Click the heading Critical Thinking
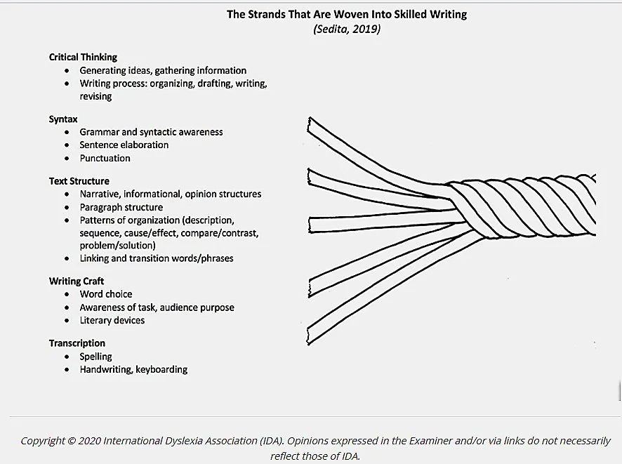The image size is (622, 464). tap(83, 57)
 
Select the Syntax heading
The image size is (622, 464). tap(63, 119)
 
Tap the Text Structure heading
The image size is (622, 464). tap(79, 180)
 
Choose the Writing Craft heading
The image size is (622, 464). tap(77, 281)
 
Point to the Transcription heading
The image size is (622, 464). tap(77, 343)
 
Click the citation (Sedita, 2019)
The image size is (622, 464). tap(347, 29)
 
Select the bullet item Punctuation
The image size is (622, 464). tap(105, 158)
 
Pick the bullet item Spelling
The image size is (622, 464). tap(95, 356)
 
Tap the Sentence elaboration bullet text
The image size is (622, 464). tap(124, 145)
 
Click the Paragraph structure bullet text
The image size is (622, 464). tap(121, 207)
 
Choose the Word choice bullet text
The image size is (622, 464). tap(105, 294)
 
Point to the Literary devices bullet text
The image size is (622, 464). tap(112, 320)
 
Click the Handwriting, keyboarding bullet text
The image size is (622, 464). tap(133, 369)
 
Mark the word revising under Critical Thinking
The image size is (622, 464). tap(95, 96)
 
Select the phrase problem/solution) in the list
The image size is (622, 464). tap(117, 245)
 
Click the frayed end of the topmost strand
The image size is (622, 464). tap(310, 125)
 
